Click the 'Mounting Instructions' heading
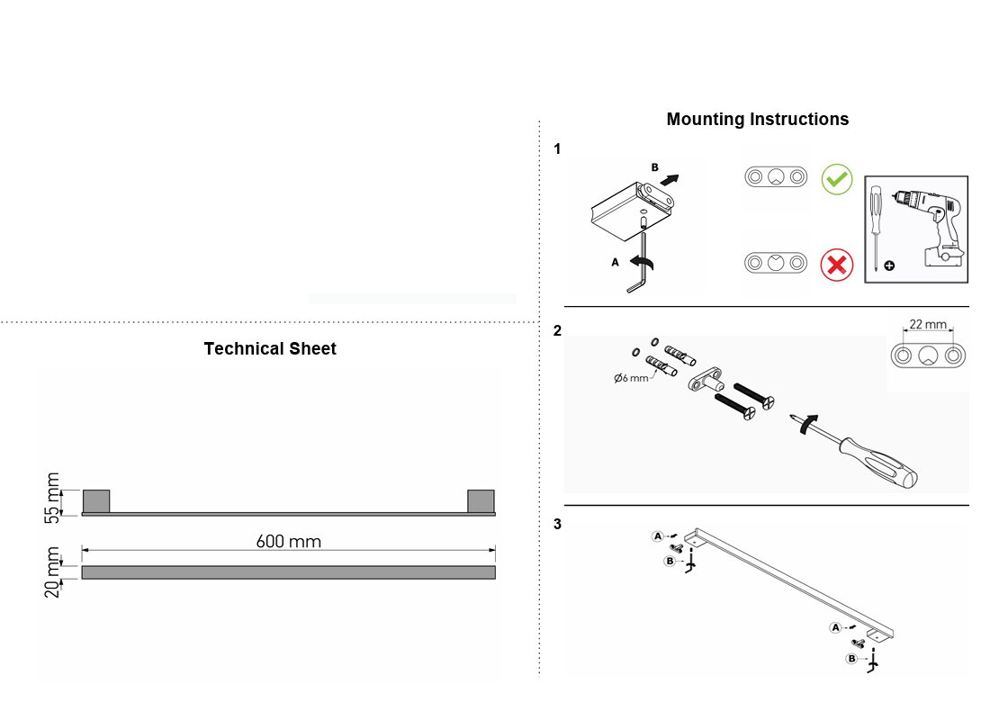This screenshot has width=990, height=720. point(757,119)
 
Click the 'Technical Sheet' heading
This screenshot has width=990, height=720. point(270,348)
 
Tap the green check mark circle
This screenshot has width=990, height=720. point(837,179)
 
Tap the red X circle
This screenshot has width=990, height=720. point(837,265)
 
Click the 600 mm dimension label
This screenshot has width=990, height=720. point(289,541)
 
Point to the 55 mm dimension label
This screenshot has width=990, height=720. point(52,498)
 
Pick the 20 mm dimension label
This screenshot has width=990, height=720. point(52,572)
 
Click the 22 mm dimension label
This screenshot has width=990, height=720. point(928,324)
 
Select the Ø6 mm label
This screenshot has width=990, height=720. point(631,378)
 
